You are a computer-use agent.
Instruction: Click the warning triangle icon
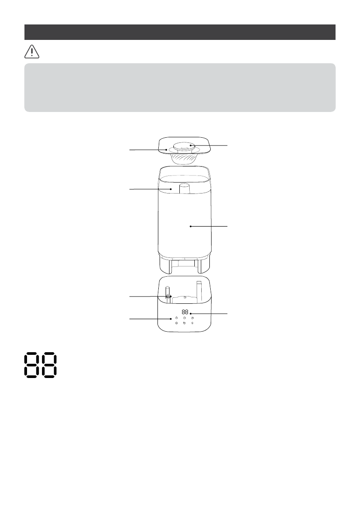pos(32,52)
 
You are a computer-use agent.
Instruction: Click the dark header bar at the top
pos(180,32)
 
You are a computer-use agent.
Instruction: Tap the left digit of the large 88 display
pos(32,365)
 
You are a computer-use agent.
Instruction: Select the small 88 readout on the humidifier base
pos(185,311)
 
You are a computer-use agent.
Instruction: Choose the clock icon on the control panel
pos(185,318)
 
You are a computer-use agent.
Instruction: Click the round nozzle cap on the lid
pos(184,147)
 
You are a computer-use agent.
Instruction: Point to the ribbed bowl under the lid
pos(184,159)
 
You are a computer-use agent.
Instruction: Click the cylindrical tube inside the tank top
pos(185,189)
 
